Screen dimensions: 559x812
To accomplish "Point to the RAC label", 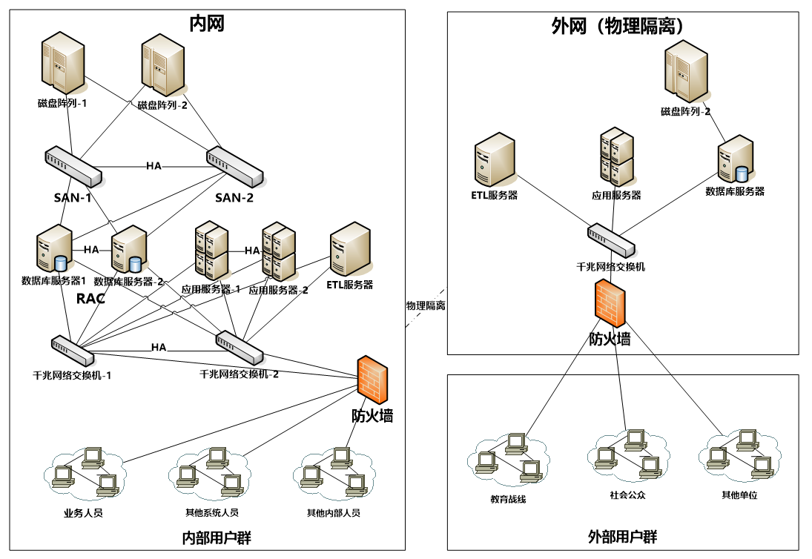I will point(90,299).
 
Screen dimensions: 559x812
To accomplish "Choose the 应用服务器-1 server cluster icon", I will point(211,251).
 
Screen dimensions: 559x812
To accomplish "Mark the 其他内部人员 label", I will point(333,513).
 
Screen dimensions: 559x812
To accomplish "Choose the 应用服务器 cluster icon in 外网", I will point(616,158).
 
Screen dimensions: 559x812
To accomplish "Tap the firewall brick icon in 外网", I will point(610,303).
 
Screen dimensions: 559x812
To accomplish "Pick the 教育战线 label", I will point(507,499).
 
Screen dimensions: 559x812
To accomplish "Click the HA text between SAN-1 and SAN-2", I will point(154,166).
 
